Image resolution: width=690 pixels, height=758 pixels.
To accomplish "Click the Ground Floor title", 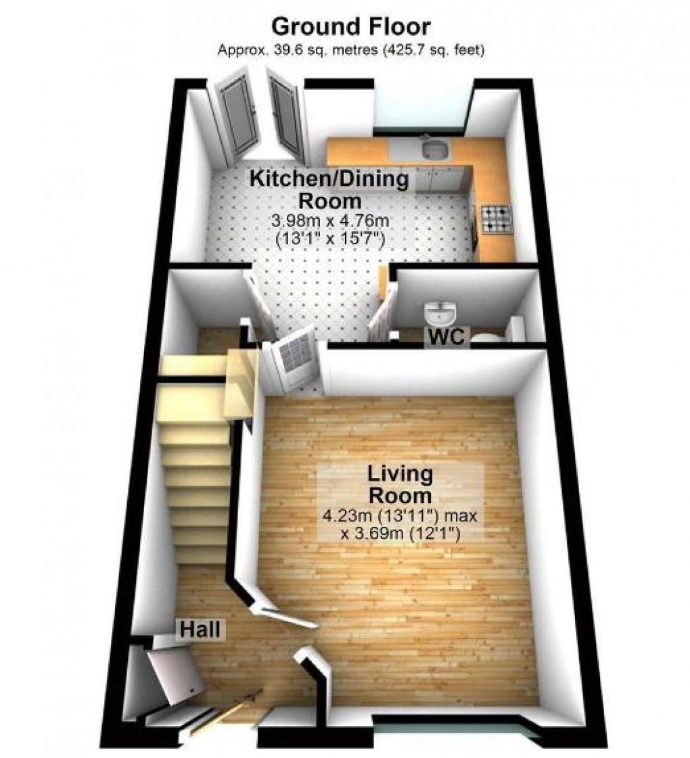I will (x=351, y=27).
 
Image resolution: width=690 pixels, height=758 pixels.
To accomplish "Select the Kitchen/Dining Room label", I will (x=330, y=190).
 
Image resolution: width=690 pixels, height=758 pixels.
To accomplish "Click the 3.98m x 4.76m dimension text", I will (x=330, y=221).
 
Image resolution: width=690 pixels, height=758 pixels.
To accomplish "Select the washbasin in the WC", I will (x=441, y=314).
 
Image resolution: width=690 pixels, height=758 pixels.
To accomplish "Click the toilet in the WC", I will (x=486, y=337).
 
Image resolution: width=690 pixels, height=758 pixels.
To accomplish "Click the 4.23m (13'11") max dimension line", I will (x=401, y=517).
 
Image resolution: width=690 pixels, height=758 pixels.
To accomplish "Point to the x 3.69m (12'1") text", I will (x=401, y=533).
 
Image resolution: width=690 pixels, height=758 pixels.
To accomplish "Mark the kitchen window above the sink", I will (x=419, y=108).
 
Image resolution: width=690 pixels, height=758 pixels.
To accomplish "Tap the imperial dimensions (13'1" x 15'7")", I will (x=330, y=238).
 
